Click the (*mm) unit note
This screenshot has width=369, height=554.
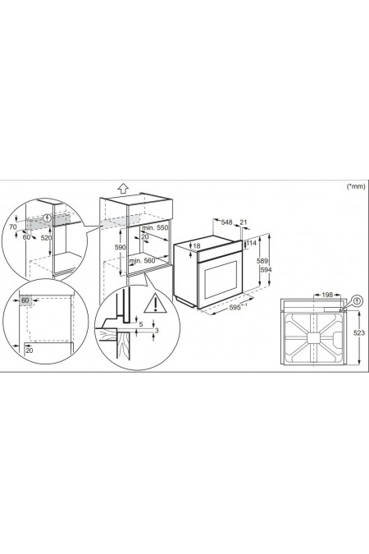click(356, 186)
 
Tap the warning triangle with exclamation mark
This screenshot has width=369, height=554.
click(155, 304)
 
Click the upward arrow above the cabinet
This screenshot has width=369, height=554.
click(123, 188)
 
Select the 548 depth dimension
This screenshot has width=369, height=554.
click(226, 222)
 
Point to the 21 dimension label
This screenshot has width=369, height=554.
click(244, 222)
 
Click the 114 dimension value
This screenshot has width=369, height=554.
click(252, 243)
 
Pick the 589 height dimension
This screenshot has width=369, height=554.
click(262, 261)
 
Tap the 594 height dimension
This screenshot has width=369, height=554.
click(266, 269)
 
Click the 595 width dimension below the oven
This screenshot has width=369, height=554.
click(238, 308)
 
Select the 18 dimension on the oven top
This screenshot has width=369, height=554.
click(197, 246)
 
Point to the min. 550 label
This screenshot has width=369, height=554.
click(155, 228)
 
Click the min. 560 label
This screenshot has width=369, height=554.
click(143, 261)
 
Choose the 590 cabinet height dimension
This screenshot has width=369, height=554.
click(121, 247)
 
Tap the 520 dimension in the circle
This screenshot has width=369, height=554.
click(46, 238)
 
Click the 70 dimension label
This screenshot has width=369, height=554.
click(13, 227)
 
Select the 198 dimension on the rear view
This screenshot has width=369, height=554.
click(327, 295)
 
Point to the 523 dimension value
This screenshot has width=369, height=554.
click(359, 333)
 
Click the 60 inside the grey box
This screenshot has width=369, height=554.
click(25, 300)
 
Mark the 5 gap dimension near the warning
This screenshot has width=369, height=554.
click(141, 324)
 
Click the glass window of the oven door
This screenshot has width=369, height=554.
click(221, 280)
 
